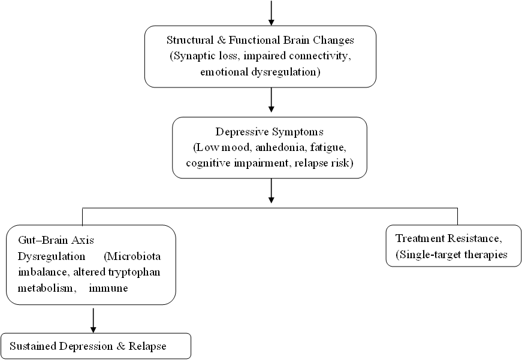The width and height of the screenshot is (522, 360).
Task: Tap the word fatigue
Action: pos(331,147)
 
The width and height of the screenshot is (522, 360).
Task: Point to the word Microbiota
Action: pos(132,256)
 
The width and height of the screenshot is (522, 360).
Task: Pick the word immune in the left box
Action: pos(109,289)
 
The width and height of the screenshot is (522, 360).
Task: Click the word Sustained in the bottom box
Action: pos(30,346)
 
